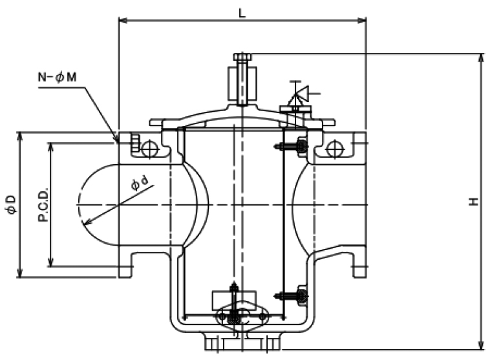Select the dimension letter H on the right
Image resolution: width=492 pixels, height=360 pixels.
point(474,202)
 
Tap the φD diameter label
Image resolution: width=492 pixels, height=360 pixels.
point(10,204)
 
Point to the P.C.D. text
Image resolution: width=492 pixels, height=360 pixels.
point(40,204)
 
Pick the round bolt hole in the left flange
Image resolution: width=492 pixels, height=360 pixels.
point(149,149)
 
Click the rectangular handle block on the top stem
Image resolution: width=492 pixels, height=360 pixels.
point(241,80)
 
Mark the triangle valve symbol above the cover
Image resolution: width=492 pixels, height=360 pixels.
point(296,96)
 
